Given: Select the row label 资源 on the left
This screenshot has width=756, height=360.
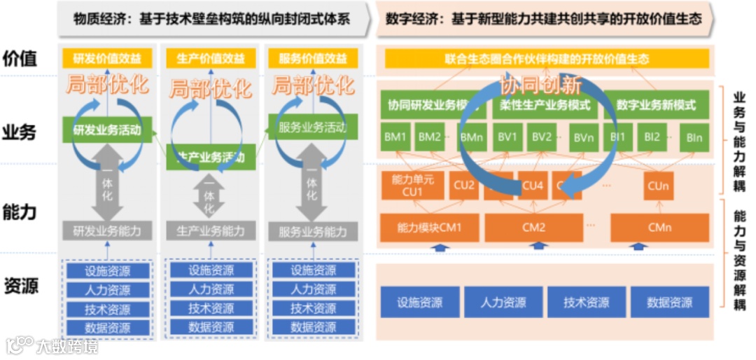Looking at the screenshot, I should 20,286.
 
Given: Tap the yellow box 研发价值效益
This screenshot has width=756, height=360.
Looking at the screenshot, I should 106,59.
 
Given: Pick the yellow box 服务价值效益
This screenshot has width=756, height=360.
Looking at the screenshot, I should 312,59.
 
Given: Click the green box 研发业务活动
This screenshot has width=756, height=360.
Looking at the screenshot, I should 106,130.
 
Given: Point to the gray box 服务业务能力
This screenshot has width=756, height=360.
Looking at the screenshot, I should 312,231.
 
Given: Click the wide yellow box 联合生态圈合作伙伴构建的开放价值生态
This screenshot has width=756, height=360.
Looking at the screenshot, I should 546,59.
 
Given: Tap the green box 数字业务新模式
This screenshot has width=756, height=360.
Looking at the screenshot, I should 656,106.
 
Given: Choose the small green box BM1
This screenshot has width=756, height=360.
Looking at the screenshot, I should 395,137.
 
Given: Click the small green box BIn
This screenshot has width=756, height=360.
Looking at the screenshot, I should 694,138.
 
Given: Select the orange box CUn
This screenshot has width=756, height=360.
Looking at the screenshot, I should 659,186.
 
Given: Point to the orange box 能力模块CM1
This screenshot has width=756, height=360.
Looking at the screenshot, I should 429,227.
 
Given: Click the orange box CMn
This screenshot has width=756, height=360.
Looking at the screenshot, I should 659,227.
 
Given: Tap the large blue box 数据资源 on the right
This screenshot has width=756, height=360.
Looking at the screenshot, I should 669,303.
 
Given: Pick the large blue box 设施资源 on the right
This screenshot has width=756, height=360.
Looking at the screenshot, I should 420,303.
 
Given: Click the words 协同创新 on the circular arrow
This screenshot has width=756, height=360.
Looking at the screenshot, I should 541,85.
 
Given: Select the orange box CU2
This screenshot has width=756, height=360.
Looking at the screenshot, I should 464,186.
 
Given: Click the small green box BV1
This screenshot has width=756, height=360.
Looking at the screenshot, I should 507,137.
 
